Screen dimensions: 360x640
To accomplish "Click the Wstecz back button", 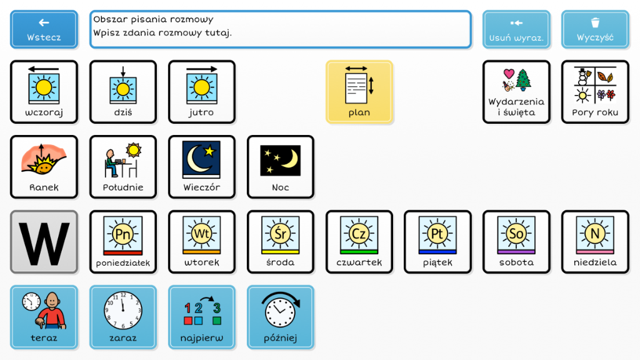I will coord(44,29).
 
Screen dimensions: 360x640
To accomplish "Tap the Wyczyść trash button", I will coord(595,29).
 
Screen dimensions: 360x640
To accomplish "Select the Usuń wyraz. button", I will coord(516,29).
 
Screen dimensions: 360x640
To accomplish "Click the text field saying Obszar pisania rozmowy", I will coord(280,29).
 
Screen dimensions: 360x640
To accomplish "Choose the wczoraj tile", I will coord(44,92).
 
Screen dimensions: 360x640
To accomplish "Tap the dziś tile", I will coord(122,92).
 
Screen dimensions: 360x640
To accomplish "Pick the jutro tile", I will coord(201,92).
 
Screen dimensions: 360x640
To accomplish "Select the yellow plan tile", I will coord(359,92).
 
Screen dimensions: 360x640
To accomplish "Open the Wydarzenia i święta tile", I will coord(516,92).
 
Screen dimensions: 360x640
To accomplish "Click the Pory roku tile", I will coord(595,92).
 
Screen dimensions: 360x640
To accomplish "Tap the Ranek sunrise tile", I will coord(44,167).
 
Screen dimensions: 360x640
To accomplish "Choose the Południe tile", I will coord(122,167).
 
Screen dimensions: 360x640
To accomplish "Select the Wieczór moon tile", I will coord(201,167).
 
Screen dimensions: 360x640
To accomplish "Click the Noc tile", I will coord(280,167).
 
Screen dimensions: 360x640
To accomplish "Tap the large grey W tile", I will coord(44,242).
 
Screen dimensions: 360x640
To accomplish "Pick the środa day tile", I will coord(280,242).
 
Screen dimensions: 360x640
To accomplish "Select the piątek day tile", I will coord(437,242).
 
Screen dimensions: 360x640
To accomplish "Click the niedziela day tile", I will coord(595,242).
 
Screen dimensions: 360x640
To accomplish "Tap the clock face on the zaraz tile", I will coord(122,311).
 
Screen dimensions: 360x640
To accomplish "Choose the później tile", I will coord(280,317).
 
